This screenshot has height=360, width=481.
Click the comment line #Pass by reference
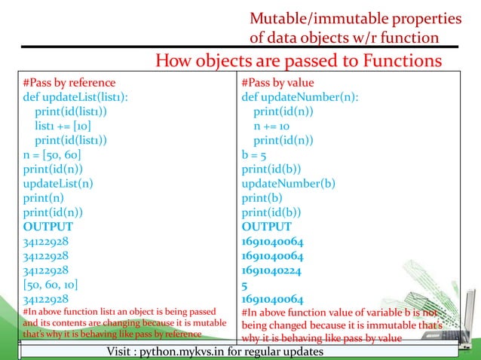tap(69, 83)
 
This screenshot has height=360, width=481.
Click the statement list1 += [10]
tap(63, 126)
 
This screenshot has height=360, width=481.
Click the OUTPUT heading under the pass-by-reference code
tap(48, 226)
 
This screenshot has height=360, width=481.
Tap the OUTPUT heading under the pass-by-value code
tap(266, 226)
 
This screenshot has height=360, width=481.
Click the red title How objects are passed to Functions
tap(298, 60)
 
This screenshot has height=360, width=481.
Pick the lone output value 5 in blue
tap(245, 284)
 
